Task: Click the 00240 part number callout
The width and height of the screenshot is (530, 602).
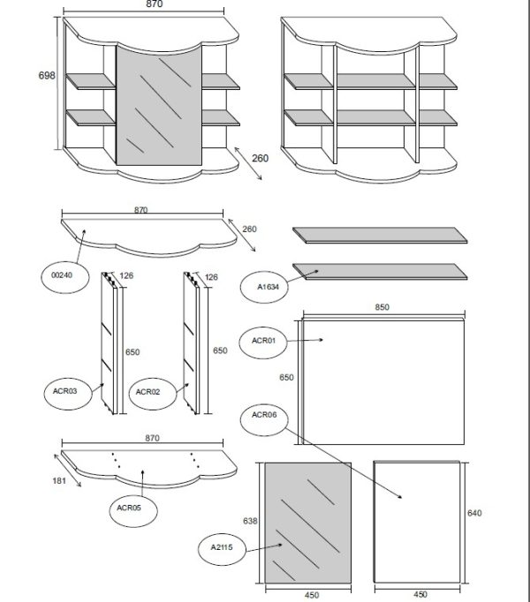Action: [x=65, y=276]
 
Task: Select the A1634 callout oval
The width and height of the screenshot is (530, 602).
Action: [x=264, y=286]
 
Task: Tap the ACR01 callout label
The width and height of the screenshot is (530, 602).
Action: [x=263, y=342]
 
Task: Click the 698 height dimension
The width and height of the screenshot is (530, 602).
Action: [x=47, y=75]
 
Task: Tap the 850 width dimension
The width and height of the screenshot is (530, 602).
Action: [x=382, y=307]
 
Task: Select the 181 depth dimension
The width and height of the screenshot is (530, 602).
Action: [x=59, y=481]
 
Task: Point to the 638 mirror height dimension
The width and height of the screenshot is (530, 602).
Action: [x=250, y=521]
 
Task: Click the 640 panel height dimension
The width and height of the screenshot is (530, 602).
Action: [x=474, y=513]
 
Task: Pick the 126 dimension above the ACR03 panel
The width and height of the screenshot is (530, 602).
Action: [x=126, y=275]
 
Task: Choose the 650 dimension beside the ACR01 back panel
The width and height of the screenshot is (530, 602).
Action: [x=286, y=378]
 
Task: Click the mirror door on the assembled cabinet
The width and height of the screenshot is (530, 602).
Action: [x=159, y=106]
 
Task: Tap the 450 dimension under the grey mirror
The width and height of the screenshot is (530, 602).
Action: [x=312, y=595]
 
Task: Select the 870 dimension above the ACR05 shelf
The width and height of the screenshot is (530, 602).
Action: [x=152, y=438]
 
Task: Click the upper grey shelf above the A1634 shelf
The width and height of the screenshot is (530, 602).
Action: [x=380, y=235]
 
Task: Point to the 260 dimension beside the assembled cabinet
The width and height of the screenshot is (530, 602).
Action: [x=261, y=158]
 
